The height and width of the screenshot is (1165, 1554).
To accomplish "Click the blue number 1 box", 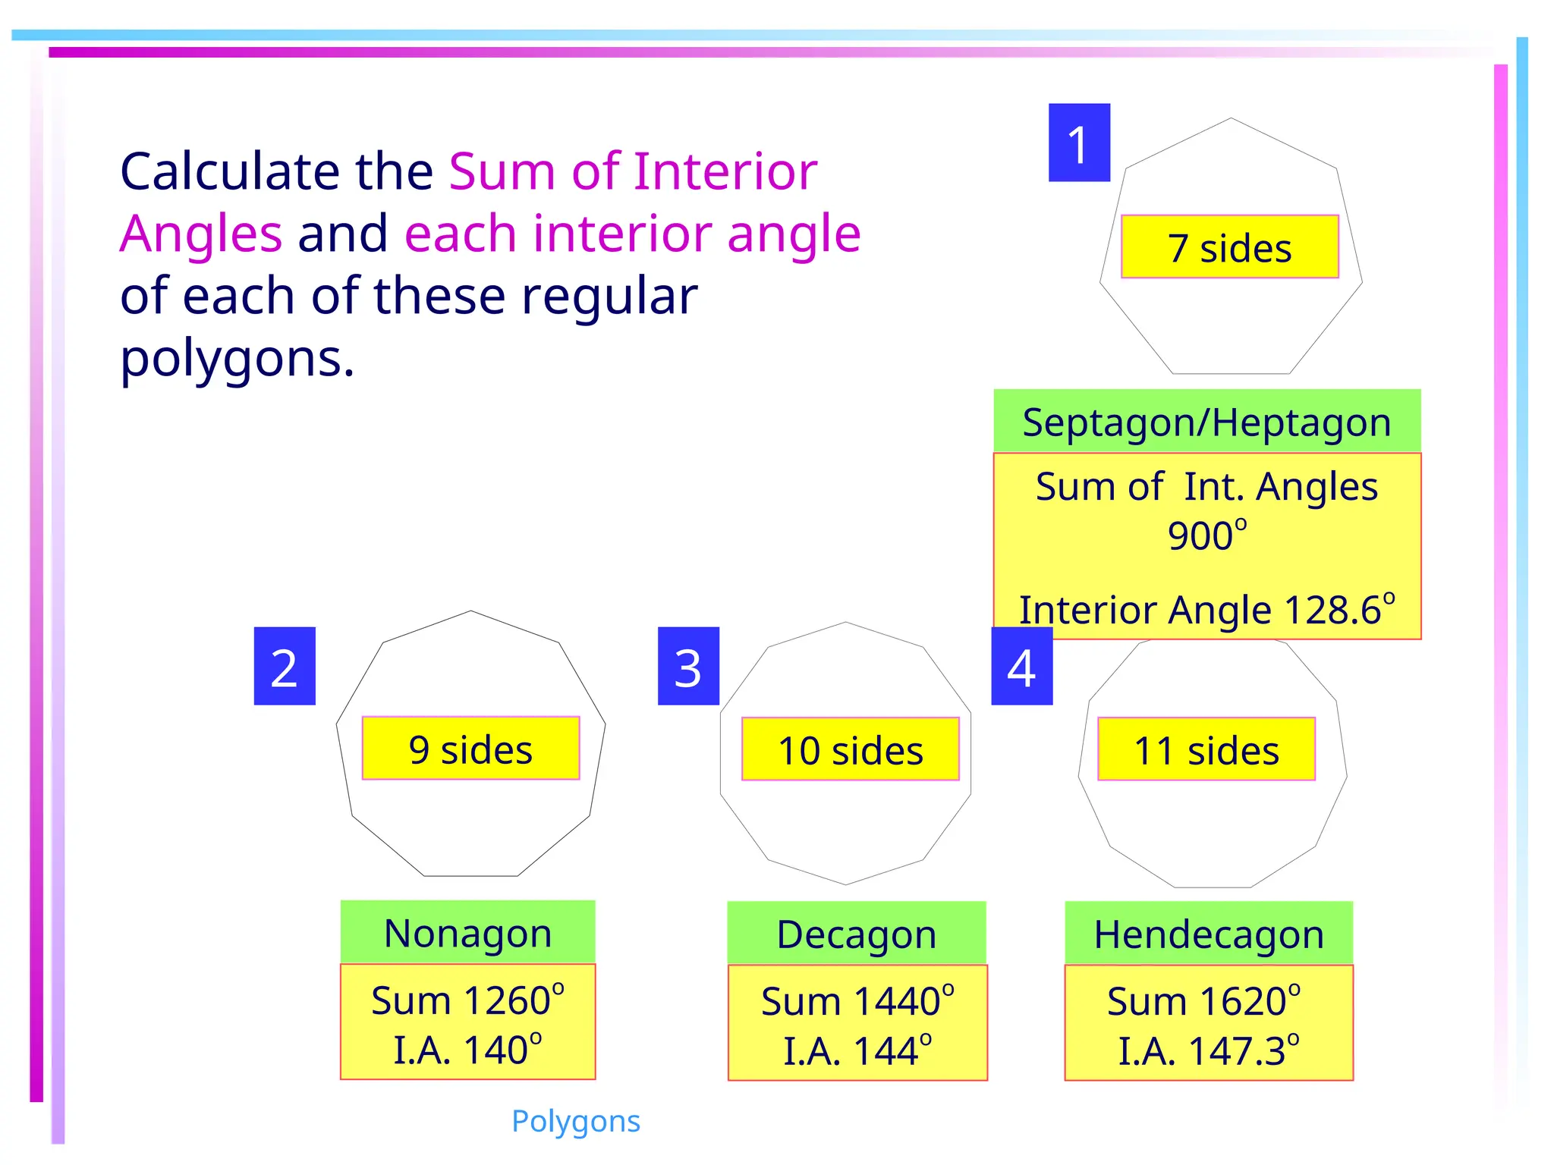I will coord(1079,143).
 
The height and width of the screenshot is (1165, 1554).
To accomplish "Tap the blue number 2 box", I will coord(285,666).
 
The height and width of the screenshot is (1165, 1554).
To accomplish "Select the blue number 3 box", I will coord(688,666).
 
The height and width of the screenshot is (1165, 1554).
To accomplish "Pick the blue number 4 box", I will coord(1021,666).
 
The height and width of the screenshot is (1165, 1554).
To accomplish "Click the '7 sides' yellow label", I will coord(1229,247).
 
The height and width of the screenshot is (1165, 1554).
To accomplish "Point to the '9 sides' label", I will coord(470,749).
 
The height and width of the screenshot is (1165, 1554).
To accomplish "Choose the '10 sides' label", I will coord(851,749).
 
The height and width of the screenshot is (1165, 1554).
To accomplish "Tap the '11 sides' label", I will coord(1206,749).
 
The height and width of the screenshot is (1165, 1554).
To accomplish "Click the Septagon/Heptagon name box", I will coord(1206,422).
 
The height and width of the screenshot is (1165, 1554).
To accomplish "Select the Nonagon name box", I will coord(467,933).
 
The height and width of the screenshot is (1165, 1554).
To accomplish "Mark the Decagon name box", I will coord(857,934).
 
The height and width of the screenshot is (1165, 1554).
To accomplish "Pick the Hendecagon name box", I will coord(1209,934).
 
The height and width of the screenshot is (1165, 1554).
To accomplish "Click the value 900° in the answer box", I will coord(1206,535).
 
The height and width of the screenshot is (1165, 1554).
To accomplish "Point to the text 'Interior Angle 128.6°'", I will coord(1206,609).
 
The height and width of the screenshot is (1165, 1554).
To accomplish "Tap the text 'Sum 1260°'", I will coord(467,1000).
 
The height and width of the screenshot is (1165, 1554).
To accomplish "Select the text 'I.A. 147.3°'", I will coord(1209,1050).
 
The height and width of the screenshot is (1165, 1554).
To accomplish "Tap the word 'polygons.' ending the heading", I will coord(238,358).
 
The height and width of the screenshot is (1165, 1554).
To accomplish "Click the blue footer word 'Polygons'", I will coord(576,1121).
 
